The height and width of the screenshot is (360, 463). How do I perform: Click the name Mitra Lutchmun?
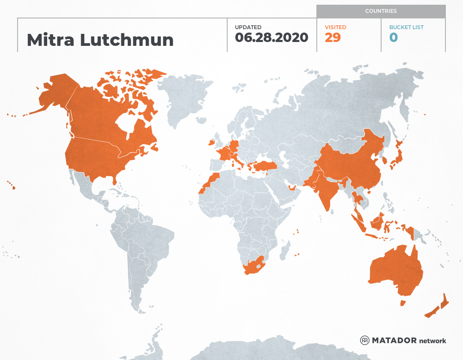(100, 40)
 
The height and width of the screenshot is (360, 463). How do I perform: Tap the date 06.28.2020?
(271, 38)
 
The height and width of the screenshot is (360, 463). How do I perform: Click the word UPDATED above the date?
(248, 27)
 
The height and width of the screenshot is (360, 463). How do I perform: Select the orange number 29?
(333, 38)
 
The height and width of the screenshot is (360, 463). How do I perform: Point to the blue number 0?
(394, 38)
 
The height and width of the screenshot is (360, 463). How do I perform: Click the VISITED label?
(335, 27)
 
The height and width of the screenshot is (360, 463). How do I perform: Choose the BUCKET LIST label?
(406, 27)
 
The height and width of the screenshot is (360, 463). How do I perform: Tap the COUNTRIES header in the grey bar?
(381, 11)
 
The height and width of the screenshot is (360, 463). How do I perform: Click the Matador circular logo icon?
(365, 341)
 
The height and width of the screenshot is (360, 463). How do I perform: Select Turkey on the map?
(262, 166)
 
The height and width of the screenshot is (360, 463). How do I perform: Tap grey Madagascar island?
(284, 250)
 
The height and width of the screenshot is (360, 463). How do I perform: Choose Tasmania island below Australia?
(403, 303)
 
